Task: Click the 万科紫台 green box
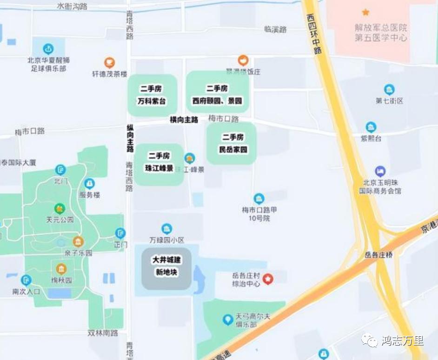pyautogui.click(x=152, y=95)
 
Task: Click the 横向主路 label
pyautogui.click(x=184, y=120)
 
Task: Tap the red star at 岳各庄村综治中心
pyautogui.click(x=268, y=279)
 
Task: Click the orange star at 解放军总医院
pyautogui.click(x=365, y=12)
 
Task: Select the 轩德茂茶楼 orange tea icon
pyautogui.click(x=109, y=62)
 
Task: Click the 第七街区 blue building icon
pyautogui.click(x=389, y=89)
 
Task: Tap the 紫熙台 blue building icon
pyautogui.click(x=371, y=127)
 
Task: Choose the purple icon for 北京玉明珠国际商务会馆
pyautogui.click(x=380, y=171)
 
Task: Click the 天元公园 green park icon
pyautogui.click(x=60, y=208)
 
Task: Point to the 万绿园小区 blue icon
pyautogui.click(x=166, y=228)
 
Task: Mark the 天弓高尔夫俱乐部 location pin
pyautogui.click(x=227, y=319)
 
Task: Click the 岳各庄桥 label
pyautogui.click(x=378, y=255)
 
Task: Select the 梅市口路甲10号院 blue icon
pyautogui.click(x=259, y=199)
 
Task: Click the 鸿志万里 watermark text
pyautogui.click(x=402, y=341)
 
